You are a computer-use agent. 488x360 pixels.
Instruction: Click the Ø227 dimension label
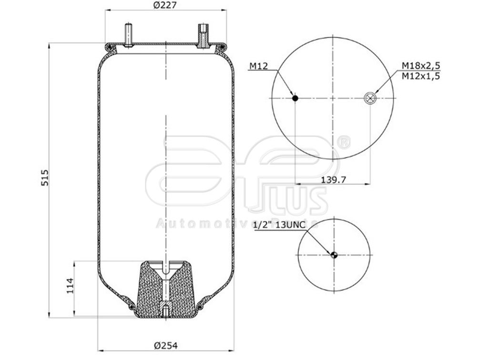[163, 6]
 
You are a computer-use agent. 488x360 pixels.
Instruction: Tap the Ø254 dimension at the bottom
[166, 346]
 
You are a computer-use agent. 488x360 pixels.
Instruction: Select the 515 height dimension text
[44, 178]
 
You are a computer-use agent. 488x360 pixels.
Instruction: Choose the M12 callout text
[258, 66]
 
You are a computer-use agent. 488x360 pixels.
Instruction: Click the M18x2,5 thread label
[420, 66]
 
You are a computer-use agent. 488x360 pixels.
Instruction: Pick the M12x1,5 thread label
[420, 75]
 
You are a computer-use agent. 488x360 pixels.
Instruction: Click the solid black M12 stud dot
[295, 98]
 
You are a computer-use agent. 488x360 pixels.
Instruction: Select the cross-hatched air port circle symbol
[370, 98]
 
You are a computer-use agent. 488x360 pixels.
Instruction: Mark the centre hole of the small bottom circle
[334, 255]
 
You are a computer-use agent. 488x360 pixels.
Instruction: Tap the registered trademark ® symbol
[344, 142]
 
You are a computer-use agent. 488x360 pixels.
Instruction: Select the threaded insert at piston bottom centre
[165, 310]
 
